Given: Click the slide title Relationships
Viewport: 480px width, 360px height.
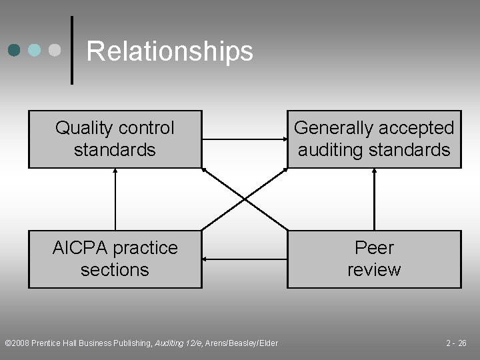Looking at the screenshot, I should [170, 51].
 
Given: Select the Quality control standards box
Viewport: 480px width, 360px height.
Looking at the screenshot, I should [115, 139].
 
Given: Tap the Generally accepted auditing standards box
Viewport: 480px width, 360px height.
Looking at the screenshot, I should [374, 139].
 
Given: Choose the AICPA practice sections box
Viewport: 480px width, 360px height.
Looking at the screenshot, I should [115, 259].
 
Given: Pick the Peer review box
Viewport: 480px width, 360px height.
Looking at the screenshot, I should [374, 259].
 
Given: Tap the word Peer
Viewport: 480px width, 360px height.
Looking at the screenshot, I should [374, 248].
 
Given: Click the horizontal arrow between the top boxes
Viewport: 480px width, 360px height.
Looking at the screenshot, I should [244, 139].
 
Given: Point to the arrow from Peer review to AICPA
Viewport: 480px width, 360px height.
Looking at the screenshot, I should [244, 259].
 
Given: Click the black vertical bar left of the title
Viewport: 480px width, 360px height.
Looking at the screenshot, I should [71, 50].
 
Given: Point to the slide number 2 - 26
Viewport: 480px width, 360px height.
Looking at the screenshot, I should [456, 343].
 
